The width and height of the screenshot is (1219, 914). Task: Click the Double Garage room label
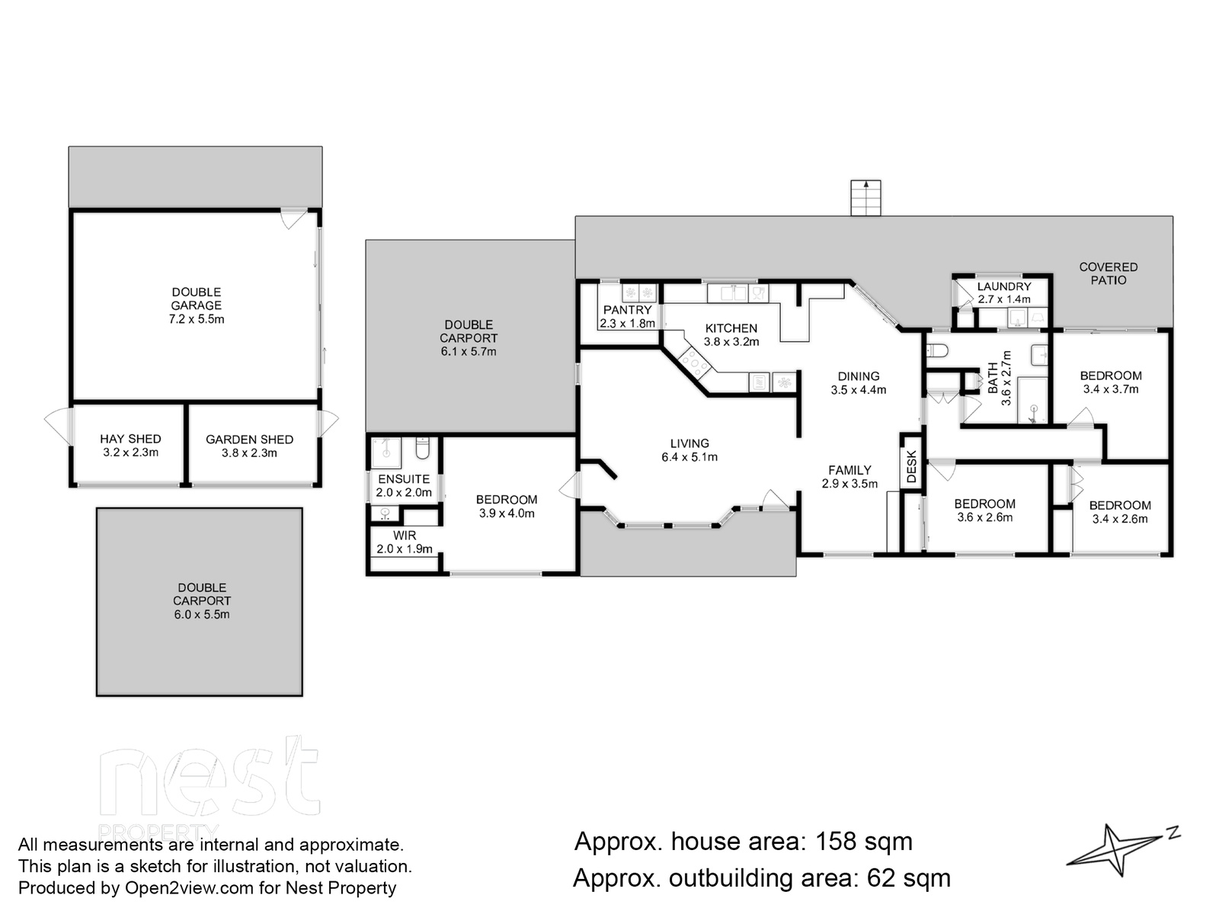click(x=196, y=299)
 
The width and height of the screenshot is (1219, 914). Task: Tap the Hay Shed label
click(x=130, y=439)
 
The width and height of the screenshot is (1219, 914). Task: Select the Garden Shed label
click(x=249, y=439)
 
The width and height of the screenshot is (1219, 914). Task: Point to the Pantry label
click(x=628, y=310)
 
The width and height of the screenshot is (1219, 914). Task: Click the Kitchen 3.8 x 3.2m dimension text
click(x=731, y=342)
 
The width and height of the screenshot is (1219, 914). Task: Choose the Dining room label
click(x=859, y=376)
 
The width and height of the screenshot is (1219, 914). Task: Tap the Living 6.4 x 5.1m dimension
click(x=689, y=457)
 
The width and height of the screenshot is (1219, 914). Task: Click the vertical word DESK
click(x=911, y=465)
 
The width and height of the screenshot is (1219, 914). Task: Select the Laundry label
click(x=1004, y=286)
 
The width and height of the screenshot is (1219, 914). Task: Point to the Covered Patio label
click(x=1109, y=273)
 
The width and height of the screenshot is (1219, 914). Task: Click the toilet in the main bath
click(x=937, y=350)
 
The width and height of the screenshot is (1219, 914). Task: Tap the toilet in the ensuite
click(x=423, y=448)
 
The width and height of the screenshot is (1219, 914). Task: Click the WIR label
click(x=405, y=535)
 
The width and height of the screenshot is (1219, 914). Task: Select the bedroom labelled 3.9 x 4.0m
click(x=507, y=506)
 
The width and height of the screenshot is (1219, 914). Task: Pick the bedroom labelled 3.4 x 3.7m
click(x=1111, y=382)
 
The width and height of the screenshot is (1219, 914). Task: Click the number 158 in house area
click(x=836, y=842)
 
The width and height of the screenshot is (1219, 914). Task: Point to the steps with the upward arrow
click(x=865, y=197)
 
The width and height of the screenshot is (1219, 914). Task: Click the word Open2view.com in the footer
click(x=190, y=888)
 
